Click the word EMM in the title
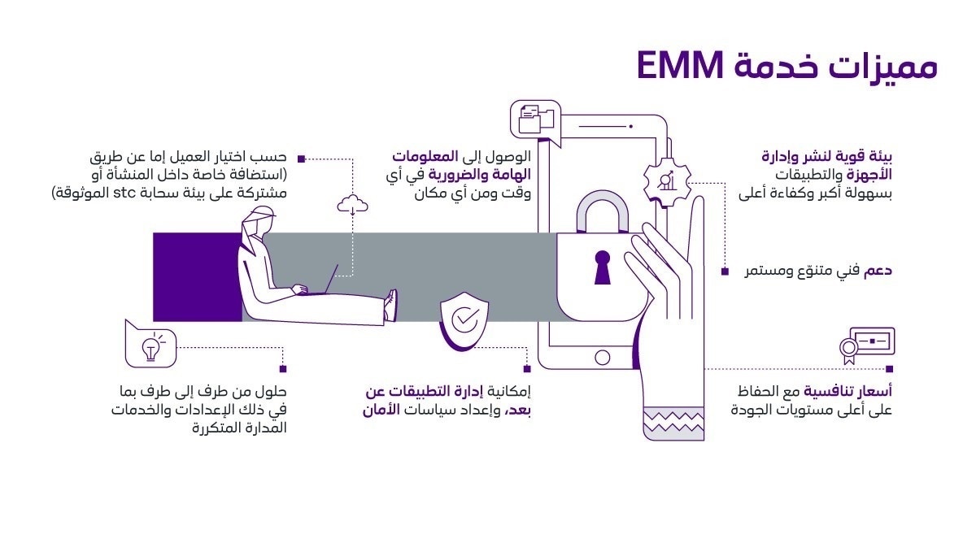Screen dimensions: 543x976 click(682, 66)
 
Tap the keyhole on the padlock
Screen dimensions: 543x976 click(602, 267)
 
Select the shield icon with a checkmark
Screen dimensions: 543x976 click(464, 320)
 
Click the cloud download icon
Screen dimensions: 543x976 click(353, 204)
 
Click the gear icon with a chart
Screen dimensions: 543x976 click(667, 180)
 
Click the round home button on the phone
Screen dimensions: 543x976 click(602, 357)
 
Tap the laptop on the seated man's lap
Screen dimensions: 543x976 click(320, 281)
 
